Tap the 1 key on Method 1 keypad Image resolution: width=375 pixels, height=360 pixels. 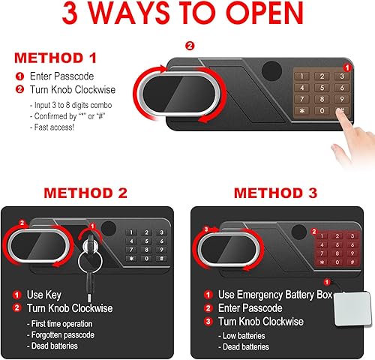pos(304,76)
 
